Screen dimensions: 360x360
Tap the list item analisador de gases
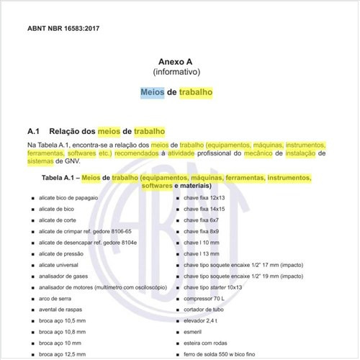coord(61,276)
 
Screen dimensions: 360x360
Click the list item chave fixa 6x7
coord(202,220)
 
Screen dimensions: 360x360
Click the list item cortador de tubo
coord(204,310)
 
